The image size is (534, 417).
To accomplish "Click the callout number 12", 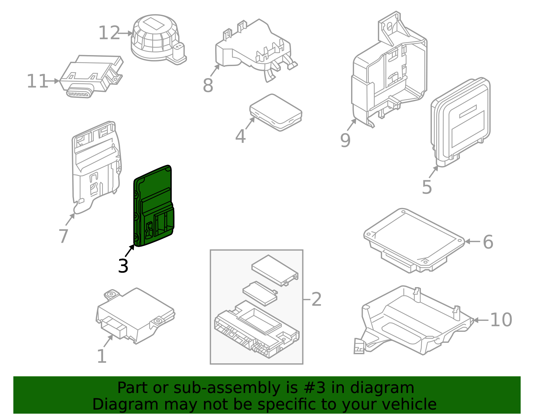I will pyautogui.click(x=109, y=33).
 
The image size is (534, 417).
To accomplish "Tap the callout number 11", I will pyautogui.click(x=37, y=81).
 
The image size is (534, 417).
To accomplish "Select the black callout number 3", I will pyautogui.click(x=123, y=266).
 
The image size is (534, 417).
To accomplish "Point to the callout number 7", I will pyautogui.click(x=63, y=236).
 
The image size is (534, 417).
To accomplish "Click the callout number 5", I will pyautogui.click(x=427, y=187).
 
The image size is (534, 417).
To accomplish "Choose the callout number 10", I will pyautogui.click(x=501, y=320).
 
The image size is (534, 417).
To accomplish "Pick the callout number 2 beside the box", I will pyautogui.click(x=316, y=299).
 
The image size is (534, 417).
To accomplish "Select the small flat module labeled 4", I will pyautogui.click(x=276, y=112).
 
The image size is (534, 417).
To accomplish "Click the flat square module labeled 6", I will pyautogui.click(x=414, y=239).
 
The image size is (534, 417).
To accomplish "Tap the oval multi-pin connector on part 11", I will pyautogui.click(x=78, y=93).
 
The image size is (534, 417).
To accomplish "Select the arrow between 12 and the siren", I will pyautogui.click(x=126, y=33).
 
